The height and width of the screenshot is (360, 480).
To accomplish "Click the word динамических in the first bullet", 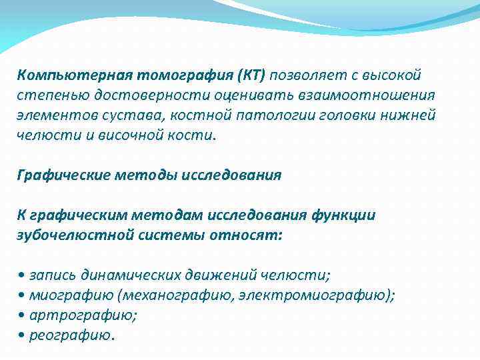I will pyautogui.click(x=122, y=275).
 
